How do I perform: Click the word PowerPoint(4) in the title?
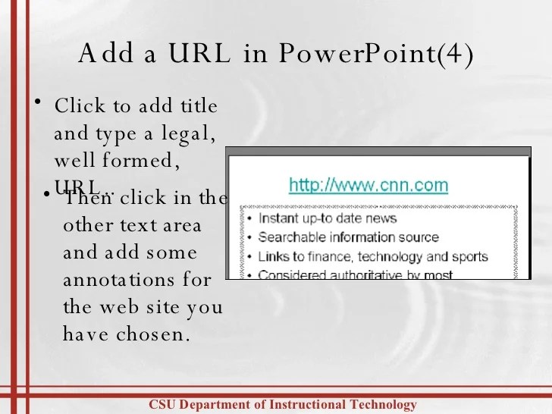tap(376, 55)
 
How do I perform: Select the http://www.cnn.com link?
tap(369, 185)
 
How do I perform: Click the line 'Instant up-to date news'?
tap(328, 218)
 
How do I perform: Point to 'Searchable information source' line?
tap(349, 237)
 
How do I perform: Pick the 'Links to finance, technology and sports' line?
tap(373, 256)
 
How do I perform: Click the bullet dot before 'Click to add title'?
tap(36, 102)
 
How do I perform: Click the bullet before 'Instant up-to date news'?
tap(250, 219)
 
